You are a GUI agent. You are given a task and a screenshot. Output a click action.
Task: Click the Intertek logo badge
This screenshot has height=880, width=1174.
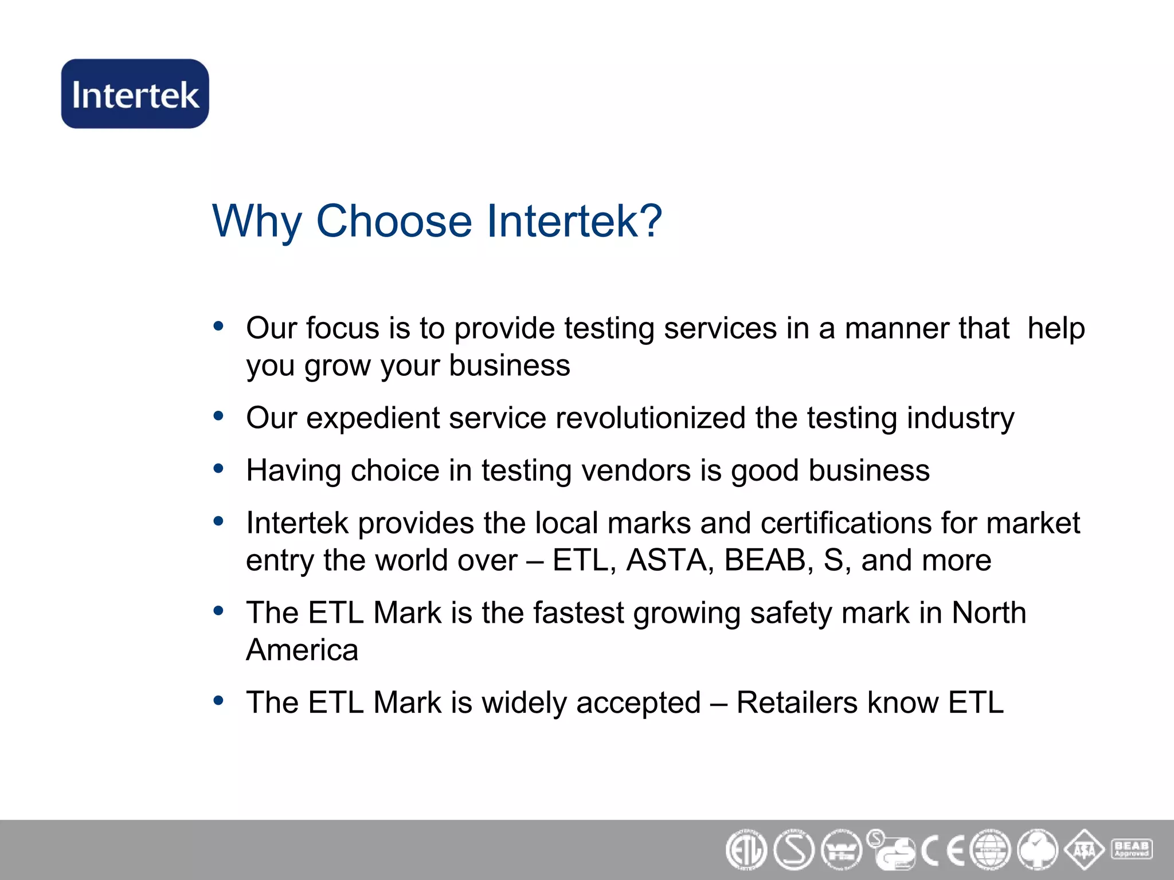click(135, 93)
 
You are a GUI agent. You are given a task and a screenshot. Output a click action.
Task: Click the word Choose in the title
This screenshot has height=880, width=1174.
click(394, 221)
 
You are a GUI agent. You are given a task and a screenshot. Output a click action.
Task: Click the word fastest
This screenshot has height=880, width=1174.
click(578, 612)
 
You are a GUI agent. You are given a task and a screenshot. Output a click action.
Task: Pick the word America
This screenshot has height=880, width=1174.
click(302, 650)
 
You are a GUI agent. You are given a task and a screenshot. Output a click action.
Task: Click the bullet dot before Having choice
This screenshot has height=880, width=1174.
click(218, 469)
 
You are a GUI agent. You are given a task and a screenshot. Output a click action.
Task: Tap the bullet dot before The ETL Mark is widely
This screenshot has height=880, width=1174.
click(218, 701)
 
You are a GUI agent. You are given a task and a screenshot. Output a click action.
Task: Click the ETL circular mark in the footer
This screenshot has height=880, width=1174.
click(746, 850)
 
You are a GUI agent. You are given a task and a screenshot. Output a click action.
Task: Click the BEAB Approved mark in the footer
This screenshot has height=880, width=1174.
click(1132, 848)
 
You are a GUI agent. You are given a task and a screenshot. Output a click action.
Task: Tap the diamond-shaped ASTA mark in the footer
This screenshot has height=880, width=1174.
click(1084, 850)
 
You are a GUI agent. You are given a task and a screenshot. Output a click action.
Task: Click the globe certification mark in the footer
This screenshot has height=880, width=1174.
click(990, 850)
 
